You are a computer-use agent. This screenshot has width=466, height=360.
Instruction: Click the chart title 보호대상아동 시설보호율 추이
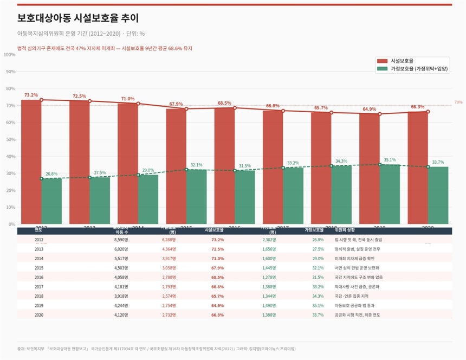point(82,18)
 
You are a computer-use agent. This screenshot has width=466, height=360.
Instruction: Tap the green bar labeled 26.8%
point(51,201)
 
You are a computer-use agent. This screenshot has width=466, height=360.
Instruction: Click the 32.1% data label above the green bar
point(196,165)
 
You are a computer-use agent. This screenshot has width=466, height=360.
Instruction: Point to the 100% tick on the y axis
point(10,55)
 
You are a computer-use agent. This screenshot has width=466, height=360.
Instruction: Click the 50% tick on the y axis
point(11,139)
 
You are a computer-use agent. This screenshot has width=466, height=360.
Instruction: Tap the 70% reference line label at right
point(458,102)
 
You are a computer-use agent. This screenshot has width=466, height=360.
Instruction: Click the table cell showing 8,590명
point(120,240)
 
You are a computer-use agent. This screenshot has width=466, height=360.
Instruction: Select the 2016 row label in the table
point(39,277)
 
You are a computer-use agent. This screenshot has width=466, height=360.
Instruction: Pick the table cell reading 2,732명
point(169,315)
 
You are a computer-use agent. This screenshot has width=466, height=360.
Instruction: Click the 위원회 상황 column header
point(345,230)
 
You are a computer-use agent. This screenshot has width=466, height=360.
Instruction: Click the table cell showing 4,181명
point(120,287)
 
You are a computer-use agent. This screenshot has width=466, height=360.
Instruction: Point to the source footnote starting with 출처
point(157,349)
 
